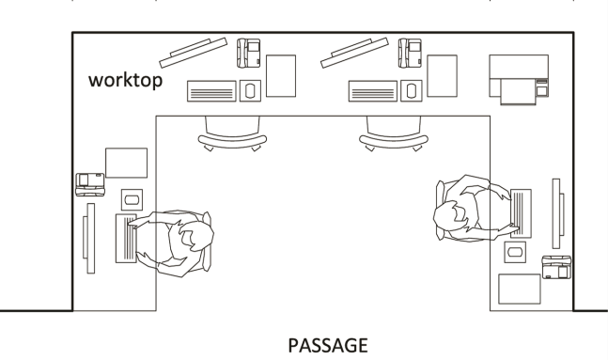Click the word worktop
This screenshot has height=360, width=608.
[126, 81]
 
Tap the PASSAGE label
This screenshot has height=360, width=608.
[327, 345]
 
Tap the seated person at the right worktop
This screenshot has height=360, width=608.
[471, 211]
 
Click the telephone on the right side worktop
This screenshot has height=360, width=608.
[556, 265]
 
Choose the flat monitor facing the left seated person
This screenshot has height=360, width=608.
[87, 243]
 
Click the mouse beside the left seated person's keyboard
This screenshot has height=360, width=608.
[131, 199]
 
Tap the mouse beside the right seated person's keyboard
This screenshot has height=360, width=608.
[514, 251]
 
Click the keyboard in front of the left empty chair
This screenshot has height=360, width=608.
[212, 91]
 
